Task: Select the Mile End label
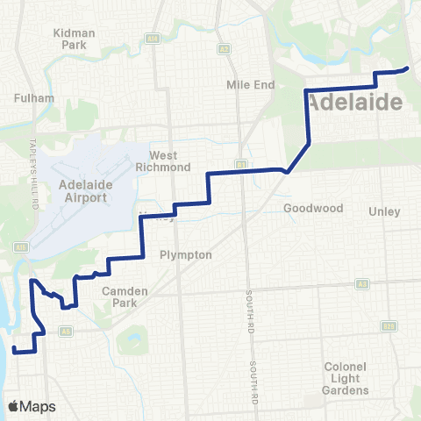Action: [251, 85]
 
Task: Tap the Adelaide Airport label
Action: [82, 191]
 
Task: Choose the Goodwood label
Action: [306, 209]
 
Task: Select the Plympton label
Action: [185, 254]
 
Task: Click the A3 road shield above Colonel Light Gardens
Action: [361, 284]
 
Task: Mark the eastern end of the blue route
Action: [408, 68]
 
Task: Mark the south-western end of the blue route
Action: [14, 350]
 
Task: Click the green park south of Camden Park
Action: [132, 338]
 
